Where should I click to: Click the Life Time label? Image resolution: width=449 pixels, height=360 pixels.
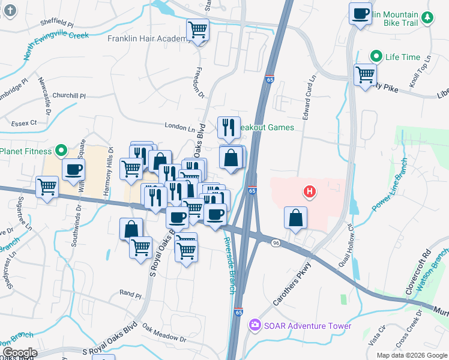403,57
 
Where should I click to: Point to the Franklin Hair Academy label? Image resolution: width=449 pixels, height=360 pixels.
149,39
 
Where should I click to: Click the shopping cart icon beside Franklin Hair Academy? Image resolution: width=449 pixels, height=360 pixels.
197,29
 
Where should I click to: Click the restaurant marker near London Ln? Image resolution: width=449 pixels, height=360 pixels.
229,127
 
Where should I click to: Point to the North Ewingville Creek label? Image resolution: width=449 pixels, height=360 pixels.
56,46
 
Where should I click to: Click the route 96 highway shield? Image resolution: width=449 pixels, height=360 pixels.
276,242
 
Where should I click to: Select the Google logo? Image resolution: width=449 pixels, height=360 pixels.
19,352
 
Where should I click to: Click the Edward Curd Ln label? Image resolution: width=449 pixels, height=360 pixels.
311,96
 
